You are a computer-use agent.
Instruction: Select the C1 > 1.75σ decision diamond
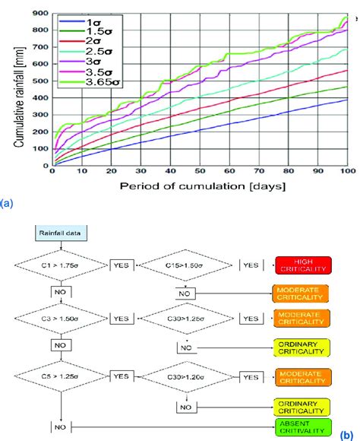(x=71, y=265)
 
